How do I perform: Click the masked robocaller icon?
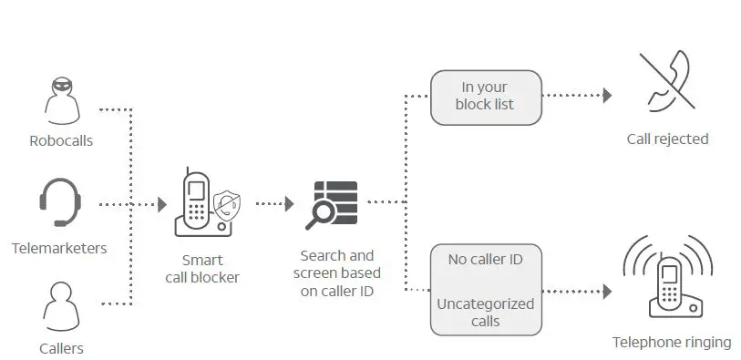click(61, 101)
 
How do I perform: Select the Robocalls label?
click(61, 141)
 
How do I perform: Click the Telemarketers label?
click(59, 248)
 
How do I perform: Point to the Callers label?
click(61, 348)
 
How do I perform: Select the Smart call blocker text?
click(202, 268)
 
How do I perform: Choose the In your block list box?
click(485, 96)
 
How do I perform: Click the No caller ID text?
click(485, 259)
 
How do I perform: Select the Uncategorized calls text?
click(485, 312)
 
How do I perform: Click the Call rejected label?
click(667, 139)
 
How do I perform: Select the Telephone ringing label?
click(671, 343)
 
